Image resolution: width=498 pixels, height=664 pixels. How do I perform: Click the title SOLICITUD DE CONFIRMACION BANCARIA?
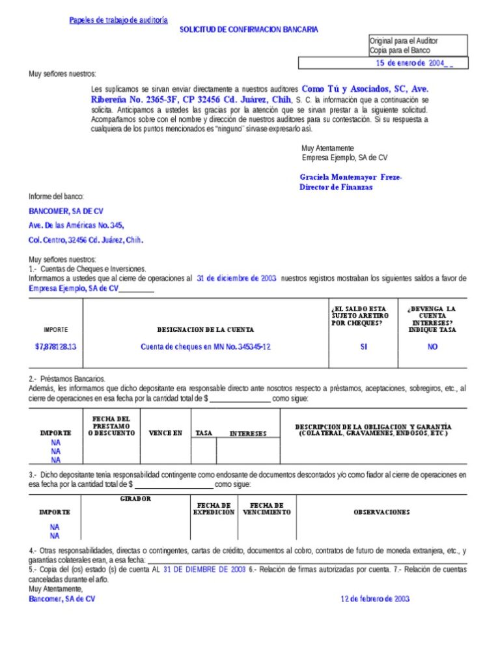point(249,30)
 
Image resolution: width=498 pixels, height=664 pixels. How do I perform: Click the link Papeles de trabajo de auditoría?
point(118,20)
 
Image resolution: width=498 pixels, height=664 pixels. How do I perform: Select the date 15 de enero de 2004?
point(410,63)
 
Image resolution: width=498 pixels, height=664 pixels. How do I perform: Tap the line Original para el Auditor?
point(404,41)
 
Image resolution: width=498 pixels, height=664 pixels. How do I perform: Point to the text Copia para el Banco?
point(400,50)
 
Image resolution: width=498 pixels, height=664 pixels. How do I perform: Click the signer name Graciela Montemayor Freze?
point(351,177)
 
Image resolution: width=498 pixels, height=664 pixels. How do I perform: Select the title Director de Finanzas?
point(336,187)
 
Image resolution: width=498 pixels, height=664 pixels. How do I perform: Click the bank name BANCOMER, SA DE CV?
point(66,212)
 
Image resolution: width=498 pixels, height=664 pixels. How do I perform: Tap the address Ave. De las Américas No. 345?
point(76,225)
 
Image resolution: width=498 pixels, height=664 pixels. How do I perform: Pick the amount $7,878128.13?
point(55,347)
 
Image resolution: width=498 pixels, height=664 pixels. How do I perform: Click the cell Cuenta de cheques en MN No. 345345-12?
point(205,347)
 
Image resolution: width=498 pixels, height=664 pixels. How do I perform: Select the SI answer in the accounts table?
point(363,347)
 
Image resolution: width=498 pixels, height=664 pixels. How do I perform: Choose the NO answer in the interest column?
point(432,347)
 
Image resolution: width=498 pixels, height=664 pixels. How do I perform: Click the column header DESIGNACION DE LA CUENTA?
point(205,330)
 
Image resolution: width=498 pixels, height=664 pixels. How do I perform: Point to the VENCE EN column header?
point(165,433)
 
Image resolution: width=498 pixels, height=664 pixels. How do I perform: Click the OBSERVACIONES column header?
point(381,512)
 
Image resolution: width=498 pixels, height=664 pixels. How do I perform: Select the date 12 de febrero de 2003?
point(375,599)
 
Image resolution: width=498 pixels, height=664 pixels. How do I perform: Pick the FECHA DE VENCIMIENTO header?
point(267,508)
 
